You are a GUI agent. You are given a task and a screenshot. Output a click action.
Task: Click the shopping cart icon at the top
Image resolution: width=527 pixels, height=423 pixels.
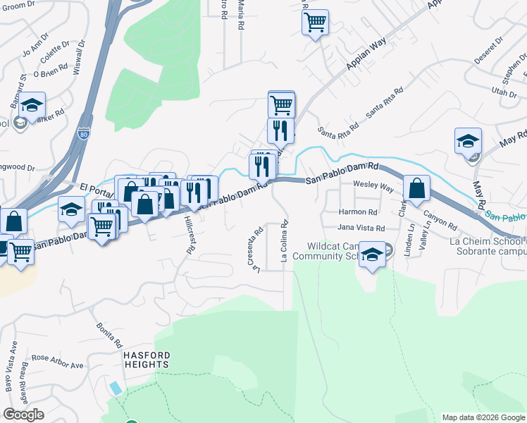click(x=315, y=21)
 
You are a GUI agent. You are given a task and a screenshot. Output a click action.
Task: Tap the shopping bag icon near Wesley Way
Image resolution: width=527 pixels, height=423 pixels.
click(x=416, y=188)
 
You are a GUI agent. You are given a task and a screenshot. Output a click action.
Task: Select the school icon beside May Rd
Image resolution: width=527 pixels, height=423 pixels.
click(x=468, y=141)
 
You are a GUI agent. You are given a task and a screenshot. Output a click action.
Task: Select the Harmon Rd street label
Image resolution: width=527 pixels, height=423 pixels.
click(x=358, y=211)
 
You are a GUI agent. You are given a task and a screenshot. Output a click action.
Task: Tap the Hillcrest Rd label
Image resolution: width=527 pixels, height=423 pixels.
click(x=189, y=235)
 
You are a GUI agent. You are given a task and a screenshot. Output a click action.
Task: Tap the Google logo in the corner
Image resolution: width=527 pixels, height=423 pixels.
click(x=23, y=415)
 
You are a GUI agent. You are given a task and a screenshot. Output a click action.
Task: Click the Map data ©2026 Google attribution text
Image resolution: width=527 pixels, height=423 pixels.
click(x=482, y=417)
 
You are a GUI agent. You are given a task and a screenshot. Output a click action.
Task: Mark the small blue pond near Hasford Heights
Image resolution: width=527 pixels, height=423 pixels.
click(x=115, y=388)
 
